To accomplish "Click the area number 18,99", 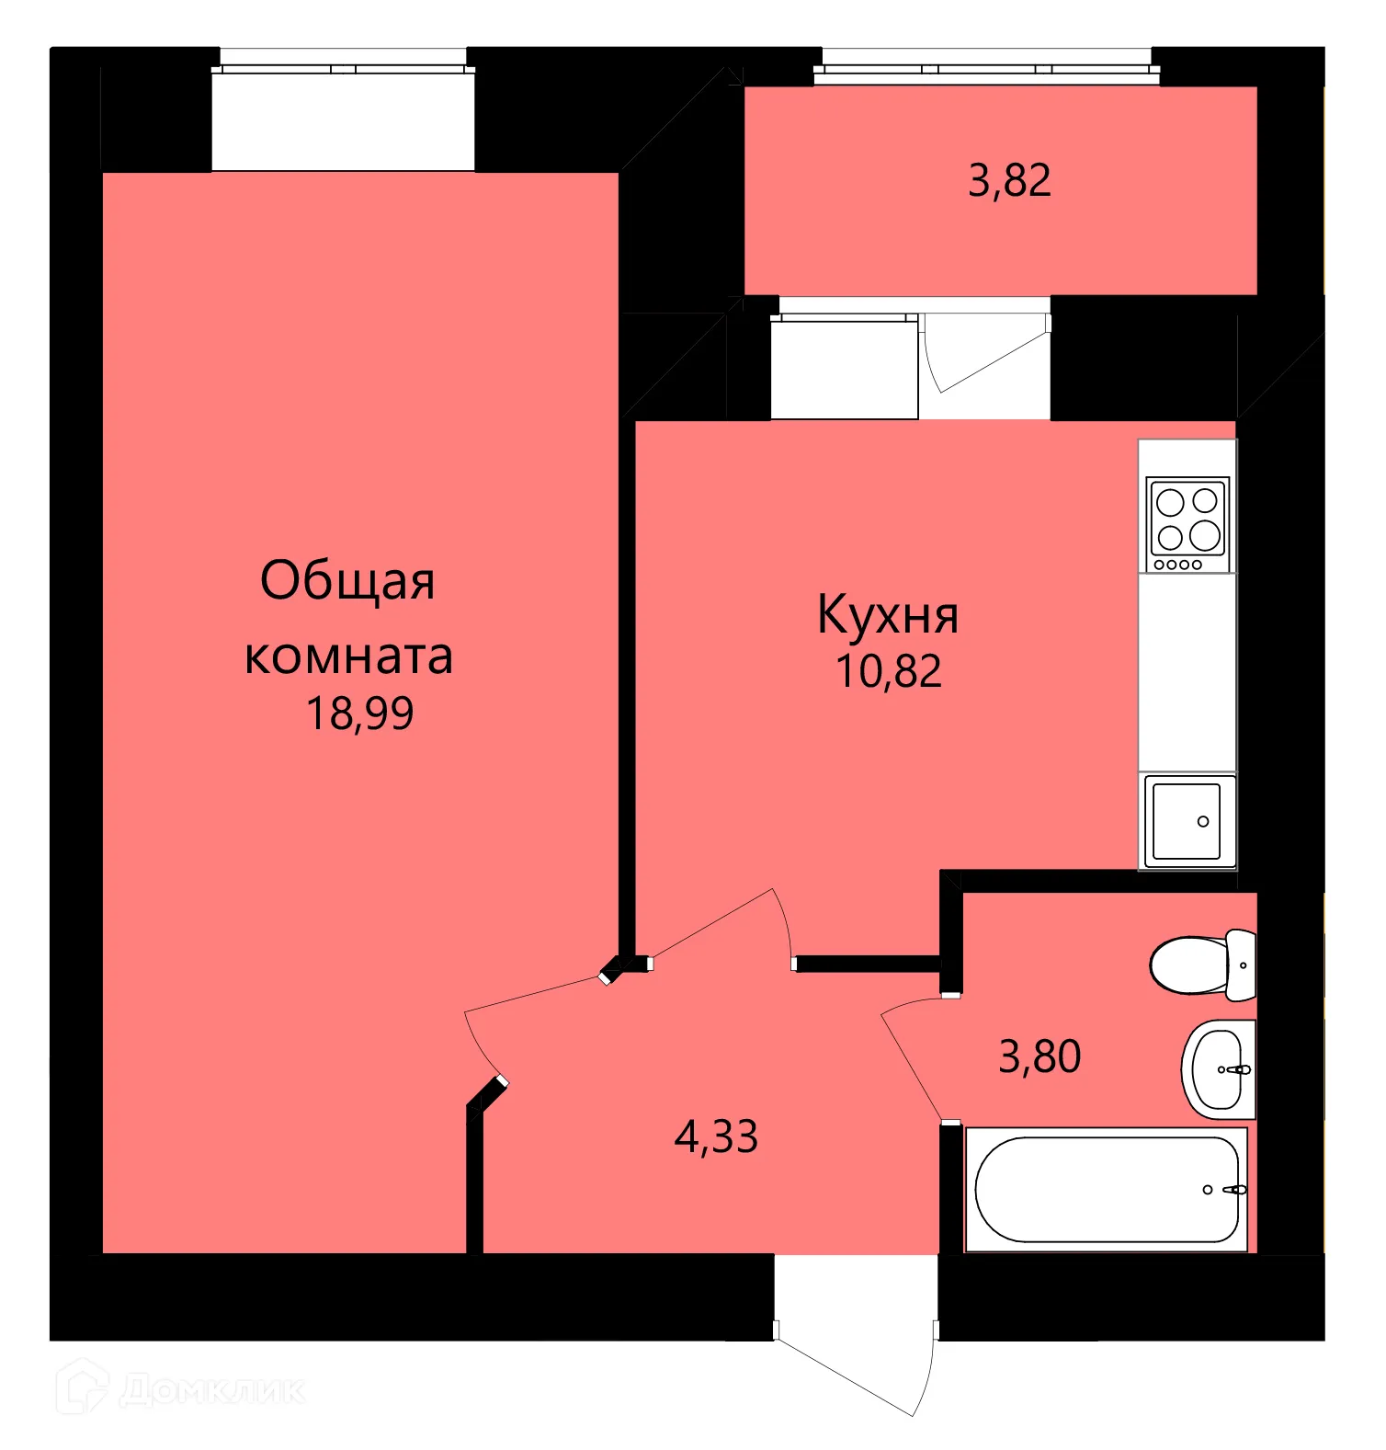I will [359, 714].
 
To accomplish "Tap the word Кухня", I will [887, 615].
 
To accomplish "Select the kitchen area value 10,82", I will [888, 671].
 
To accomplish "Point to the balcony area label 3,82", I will [1008, 180].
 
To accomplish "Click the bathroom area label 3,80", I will [1039, 1056].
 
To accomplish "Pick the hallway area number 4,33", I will [715, 1136].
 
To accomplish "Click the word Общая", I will [346, 581].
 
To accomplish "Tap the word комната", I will [348, 656].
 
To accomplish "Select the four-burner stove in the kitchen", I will [1187, 523].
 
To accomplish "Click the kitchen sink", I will [1187, 821].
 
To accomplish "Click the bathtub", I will [1106, 1190].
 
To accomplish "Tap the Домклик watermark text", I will [211, 1389].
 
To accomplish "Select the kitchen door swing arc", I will [735, 924].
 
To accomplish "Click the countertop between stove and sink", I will [1187, 671].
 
